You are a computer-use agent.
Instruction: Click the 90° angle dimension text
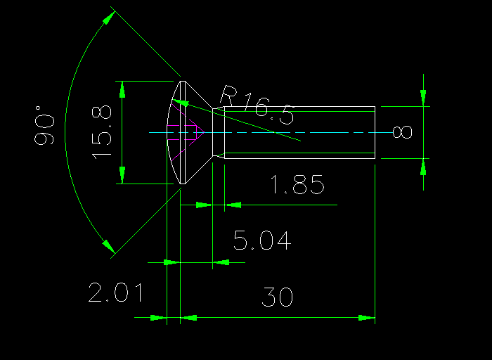pos(44,125)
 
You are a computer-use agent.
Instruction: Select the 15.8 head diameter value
pos(102,131)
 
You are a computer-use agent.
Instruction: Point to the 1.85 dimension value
pos(297,186)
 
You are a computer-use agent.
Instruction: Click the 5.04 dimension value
pos(262,241)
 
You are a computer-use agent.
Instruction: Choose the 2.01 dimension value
pos(116,292)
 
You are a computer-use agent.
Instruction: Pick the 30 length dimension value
pos(277,297)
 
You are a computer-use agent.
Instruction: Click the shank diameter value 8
pos(402,132)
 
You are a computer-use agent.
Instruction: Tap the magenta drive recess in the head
pos(186,131)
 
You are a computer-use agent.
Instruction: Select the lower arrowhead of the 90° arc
pos(108,245)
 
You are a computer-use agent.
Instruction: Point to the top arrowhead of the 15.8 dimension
pos(122,89)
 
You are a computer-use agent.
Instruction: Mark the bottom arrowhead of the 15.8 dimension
pos(122,174)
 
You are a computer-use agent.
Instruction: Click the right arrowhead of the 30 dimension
pos(366,318)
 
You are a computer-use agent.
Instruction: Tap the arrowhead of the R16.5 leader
pos(181,103)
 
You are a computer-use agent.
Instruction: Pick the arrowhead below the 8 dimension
pos(423,167)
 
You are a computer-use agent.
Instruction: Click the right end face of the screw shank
pos(375,132)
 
